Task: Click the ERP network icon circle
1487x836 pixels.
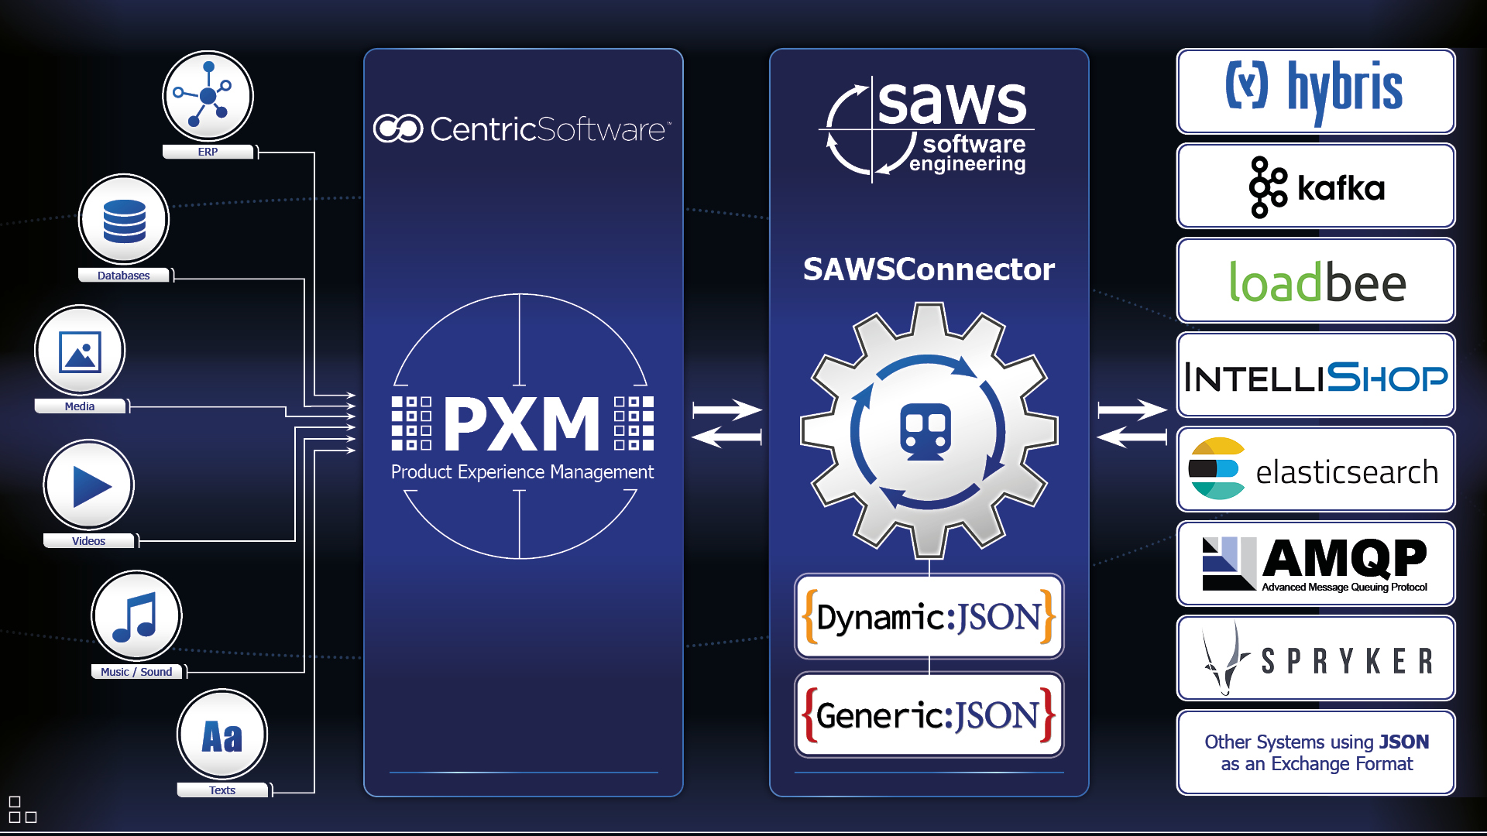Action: click(208, 96)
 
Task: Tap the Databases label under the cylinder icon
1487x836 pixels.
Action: click(124, 276)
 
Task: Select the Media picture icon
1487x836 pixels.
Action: click(80, 351)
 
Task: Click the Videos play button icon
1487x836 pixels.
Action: click(89, 485)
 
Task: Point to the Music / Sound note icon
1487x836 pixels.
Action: click(136, 616)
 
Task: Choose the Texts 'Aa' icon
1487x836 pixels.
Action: click(222, 735)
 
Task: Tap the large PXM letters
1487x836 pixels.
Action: click(522, 423)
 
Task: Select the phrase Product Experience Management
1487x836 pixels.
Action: click(522, 472)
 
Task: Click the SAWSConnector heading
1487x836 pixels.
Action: click(929, 269)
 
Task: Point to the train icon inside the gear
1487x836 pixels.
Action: click(926, 431)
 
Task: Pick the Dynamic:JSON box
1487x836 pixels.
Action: click(929, 617)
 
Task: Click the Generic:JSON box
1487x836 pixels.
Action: click(929, 715)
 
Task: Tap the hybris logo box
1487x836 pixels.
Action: click(1315, 91)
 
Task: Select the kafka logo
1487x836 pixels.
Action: click(1315, 187)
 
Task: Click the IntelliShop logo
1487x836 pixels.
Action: click(1315, 376)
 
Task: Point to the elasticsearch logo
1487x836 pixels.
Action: click(1315, 470)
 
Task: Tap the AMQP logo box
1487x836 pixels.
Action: click(1315, 564)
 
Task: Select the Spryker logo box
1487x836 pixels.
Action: click(1315, 659)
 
